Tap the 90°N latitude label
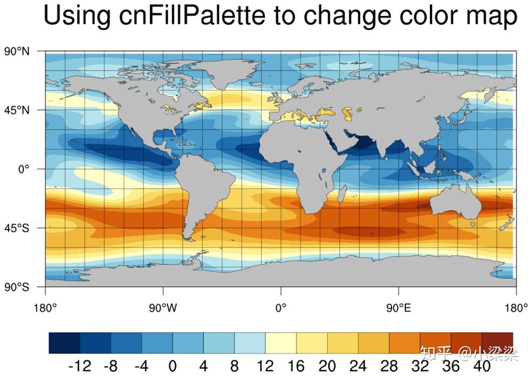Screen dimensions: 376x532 pos(17,51)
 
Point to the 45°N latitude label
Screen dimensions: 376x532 pos(17,110)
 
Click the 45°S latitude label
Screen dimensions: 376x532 pos(17,228)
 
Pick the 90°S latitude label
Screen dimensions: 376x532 pos(17,287)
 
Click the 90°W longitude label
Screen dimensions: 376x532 pos(163,308)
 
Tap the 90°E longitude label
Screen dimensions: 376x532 pos(399,308)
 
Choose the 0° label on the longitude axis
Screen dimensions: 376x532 pos(281,308)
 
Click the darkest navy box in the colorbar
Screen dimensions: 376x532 pos(64,343)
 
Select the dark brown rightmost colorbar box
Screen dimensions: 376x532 pos(497,343)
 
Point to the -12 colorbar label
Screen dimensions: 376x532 pos(80,366)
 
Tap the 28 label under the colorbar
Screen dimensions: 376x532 pos(389,366)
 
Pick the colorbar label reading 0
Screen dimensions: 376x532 pos(173,366)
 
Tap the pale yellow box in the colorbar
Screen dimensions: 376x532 pos(281,343)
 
